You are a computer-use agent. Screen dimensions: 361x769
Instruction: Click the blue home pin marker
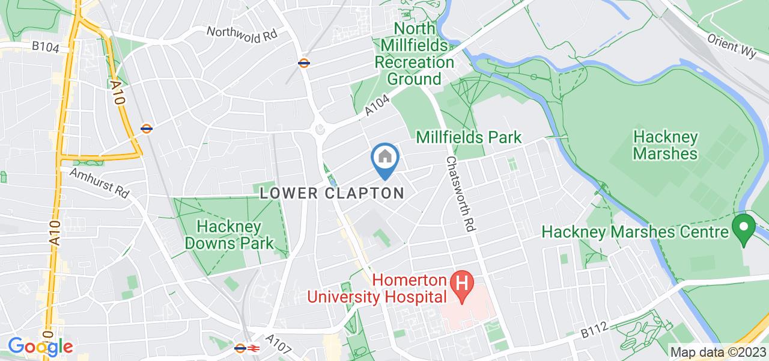[x=384, y=159]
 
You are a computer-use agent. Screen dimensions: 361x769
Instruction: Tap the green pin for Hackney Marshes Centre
[x=743, y=229]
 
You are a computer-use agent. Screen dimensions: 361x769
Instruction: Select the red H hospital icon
[x=463, y=281]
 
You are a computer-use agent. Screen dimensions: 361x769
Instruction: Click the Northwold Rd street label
[x=242, y=34]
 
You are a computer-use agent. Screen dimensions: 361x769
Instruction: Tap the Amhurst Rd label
[x=99, y=183]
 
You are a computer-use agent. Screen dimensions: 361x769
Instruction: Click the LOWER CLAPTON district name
[x=332, y=194]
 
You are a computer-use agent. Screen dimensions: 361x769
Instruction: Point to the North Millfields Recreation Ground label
[x=415, y=54]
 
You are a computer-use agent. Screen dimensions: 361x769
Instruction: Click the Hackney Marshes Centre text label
[x=634, y=232]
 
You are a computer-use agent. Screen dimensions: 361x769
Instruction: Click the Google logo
[x=40, y=347]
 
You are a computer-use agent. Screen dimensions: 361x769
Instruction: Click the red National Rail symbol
[x=254, y=348]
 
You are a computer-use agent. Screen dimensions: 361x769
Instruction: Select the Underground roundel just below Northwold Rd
[x=304, y=62]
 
